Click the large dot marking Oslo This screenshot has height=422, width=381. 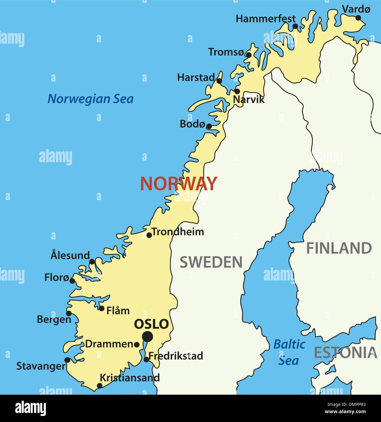point(147,336)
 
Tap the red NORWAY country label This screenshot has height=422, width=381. point(178,184)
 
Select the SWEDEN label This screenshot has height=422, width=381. point(211,262)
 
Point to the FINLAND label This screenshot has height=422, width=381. point(339,248)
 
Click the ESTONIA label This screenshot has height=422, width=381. point(345,352)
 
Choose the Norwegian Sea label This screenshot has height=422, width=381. point(91,99)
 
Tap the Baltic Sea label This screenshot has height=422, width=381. point(289,352)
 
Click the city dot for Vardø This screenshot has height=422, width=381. point(358,18)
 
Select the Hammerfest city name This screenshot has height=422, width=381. point(266,19)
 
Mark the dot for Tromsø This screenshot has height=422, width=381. point(249,55)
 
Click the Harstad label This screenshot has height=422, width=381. point(196,77)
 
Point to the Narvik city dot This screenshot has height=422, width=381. point(237,91)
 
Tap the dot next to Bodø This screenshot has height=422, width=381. point(209,126)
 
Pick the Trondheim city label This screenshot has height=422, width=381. point(178,232)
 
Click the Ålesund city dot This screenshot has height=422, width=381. point(92,261)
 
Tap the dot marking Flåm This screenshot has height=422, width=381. point(101,308)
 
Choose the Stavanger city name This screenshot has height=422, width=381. point(41,366)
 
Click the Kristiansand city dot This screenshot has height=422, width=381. point(99,386)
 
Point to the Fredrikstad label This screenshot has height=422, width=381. point(176,356)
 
